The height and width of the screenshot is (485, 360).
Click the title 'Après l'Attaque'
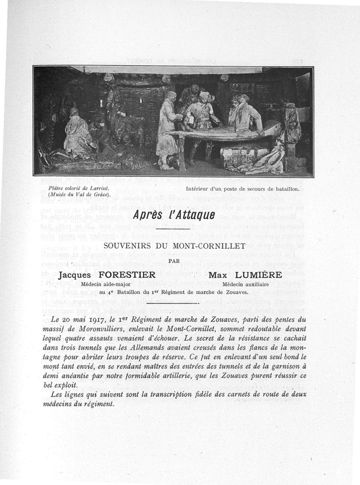(x=174, y=215)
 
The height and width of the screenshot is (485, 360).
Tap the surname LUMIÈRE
(x=265, y=275)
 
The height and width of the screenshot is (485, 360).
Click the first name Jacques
(x=74, y=275)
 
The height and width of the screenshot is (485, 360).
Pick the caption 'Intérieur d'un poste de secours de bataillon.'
(x=243, y=188)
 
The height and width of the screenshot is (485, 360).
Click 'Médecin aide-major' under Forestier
(x=106, y=284)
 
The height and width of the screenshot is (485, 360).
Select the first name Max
(x=219, y=275)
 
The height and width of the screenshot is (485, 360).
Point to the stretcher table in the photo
(x=225, y=133)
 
